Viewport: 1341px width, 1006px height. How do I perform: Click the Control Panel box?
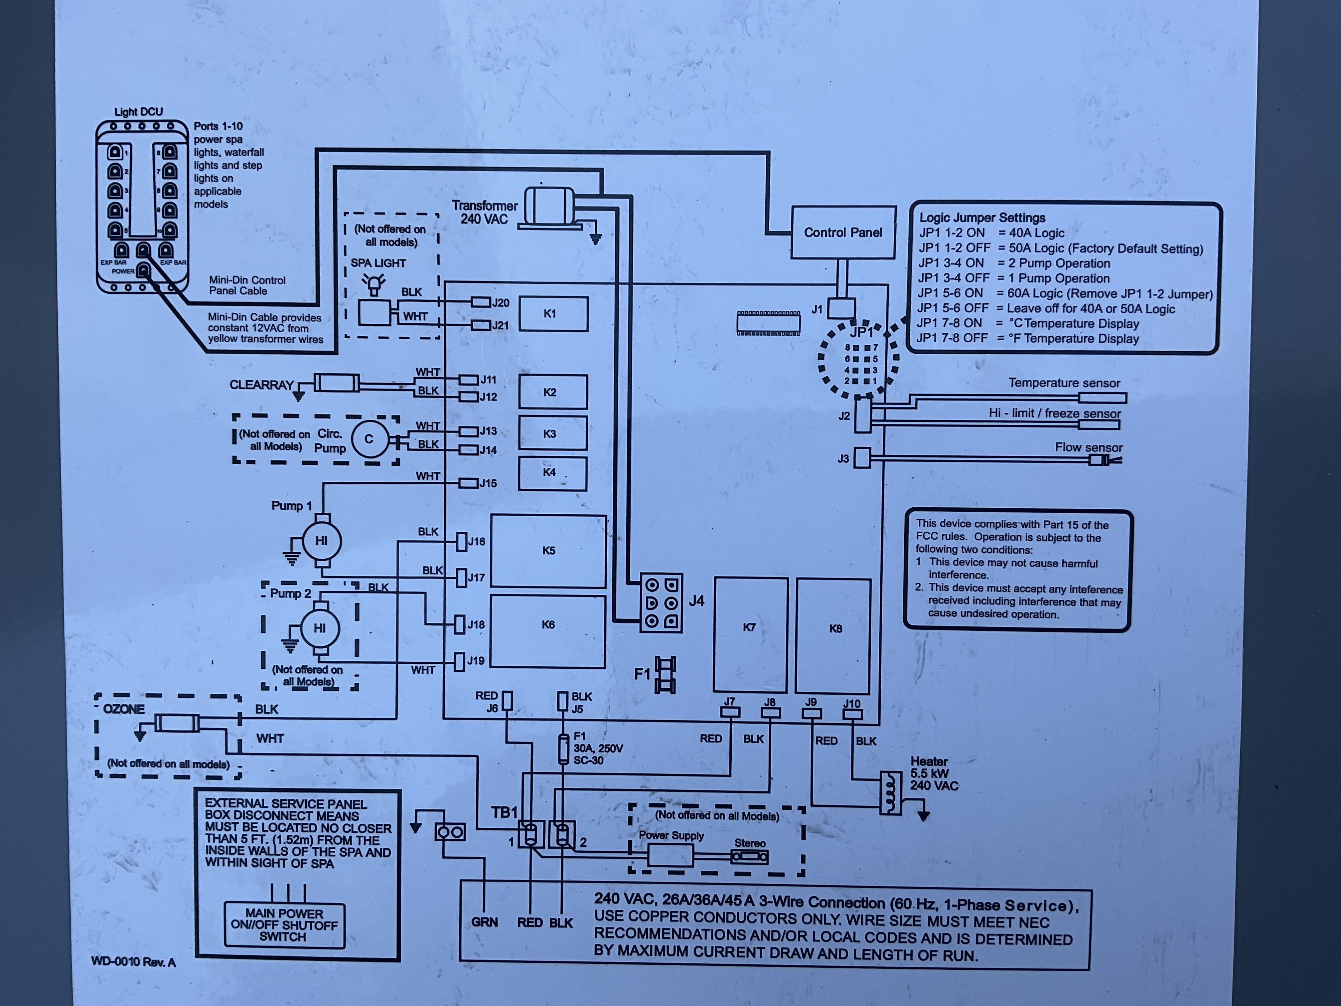click(x=843, y=232)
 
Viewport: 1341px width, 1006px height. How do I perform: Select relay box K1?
click(x=553, y=313)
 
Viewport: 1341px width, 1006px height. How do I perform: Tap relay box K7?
click(x=750, y=634)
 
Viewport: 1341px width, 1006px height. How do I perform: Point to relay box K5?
click(x=548, y=551)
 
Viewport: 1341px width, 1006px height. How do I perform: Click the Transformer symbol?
click(x=549, y=206)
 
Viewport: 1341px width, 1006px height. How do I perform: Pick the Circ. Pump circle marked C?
click(x=369, y=439)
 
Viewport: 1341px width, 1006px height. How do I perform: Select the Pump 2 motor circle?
click(x=320, y=628)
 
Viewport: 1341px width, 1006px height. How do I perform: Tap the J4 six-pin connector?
click(x=662, y=603)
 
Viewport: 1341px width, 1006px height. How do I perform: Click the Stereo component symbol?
click(x=750, y=857)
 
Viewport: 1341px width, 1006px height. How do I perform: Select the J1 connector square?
click(x=841, y=308)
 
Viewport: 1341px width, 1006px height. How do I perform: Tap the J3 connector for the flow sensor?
click(x=861, y=458)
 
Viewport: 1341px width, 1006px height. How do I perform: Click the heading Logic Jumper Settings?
click(x=982, y=218)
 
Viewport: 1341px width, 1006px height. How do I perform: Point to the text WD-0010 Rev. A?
click(x=133, y=962)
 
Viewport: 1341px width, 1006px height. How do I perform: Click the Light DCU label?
click(x=138, y=111)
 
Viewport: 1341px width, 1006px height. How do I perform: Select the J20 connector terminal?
click(x=481, y=302)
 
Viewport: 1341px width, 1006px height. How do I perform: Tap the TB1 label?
click(x=504, y=812)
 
